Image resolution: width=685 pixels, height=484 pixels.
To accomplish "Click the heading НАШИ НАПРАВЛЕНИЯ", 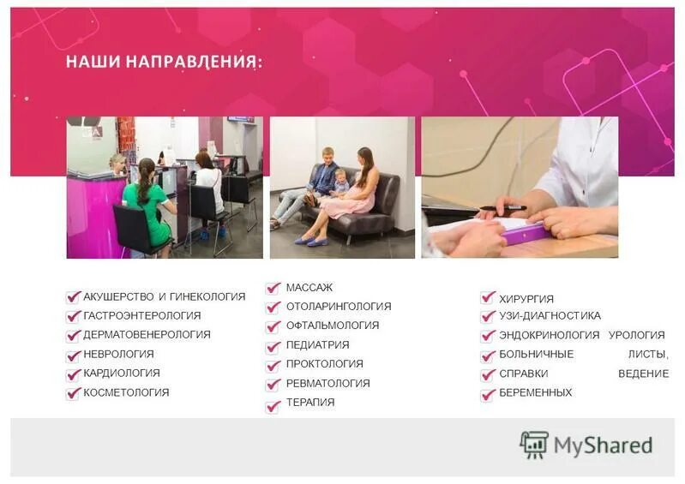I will pos(164,63).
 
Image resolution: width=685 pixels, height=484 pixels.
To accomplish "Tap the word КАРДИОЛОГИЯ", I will pos(121,373).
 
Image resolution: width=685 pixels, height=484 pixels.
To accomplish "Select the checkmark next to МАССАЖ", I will pos(273,289).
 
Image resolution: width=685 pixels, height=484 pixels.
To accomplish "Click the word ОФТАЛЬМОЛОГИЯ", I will pos(332,326).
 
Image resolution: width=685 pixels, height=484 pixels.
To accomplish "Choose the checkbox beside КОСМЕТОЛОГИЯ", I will pos(73,393).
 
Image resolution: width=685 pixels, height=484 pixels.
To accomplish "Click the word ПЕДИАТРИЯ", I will pos(317,345).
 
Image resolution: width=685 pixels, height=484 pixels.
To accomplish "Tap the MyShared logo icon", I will pos(534,445).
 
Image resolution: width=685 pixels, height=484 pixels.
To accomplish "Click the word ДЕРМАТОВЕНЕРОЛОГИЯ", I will pos(147,335).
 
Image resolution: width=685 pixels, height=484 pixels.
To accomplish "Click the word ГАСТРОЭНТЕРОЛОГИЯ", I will pos(141,316).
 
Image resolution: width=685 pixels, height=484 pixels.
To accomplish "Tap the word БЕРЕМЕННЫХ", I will pos(535,393).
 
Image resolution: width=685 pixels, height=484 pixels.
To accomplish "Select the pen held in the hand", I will pos(502,207).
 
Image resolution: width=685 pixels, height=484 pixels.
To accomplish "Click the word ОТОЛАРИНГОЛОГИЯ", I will pos(338,307).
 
